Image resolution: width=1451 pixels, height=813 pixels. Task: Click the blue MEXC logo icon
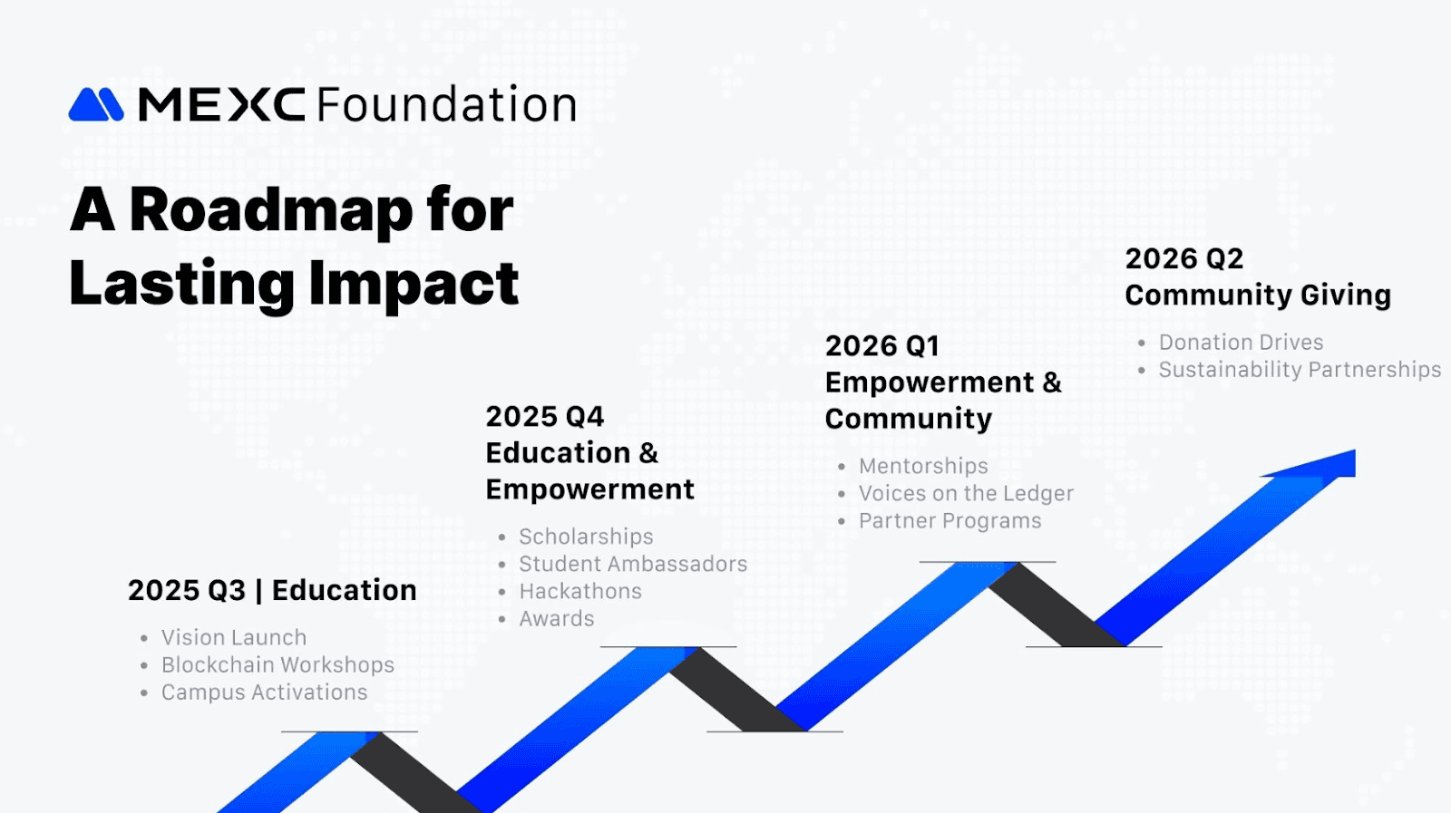[x=96, y=104]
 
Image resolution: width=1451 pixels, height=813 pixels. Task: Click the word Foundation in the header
[x=446, y=103]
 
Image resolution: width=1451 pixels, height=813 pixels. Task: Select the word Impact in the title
[x=414, y=285]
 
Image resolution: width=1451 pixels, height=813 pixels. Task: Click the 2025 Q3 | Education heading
[x=272, y=590]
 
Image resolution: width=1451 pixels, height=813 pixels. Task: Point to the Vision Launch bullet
[x=234, y=637]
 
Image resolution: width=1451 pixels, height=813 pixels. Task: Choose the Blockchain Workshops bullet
[x=278, y=664]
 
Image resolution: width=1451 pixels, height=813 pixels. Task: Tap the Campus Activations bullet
[x=264, y=692]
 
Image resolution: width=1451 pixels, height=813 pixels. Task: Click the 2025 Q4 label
[x=545, y=417]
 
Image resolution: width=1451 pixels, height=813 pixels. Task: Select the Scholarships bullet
[x=586, y=537]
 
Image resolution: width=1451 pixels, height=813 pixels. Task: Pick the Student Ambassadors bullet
[x=633, y=564]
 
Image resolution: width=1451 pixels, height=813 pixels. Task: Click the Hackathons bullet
[x=580, y=591]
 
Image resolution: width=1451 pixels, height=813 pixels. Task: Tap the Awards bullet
[x=557, y=619]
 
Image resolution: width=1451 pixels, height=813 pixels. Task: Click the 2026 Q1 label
[x=882, y=346]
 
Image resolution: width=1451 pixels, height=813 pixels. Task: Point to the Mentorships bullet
[x=923, y=466]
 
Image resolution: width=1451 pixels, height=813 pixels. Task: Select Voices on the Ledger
[x=966, y=493]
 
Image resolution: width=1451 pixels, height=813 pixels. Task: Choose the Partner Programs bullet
[x=949, y=520]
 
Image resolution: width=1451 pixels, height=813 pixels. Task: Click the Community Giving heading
[x=1258, y=295]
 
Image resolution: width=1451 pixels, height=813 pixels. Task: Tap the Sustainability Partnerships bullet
[x=1300, y=370]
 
